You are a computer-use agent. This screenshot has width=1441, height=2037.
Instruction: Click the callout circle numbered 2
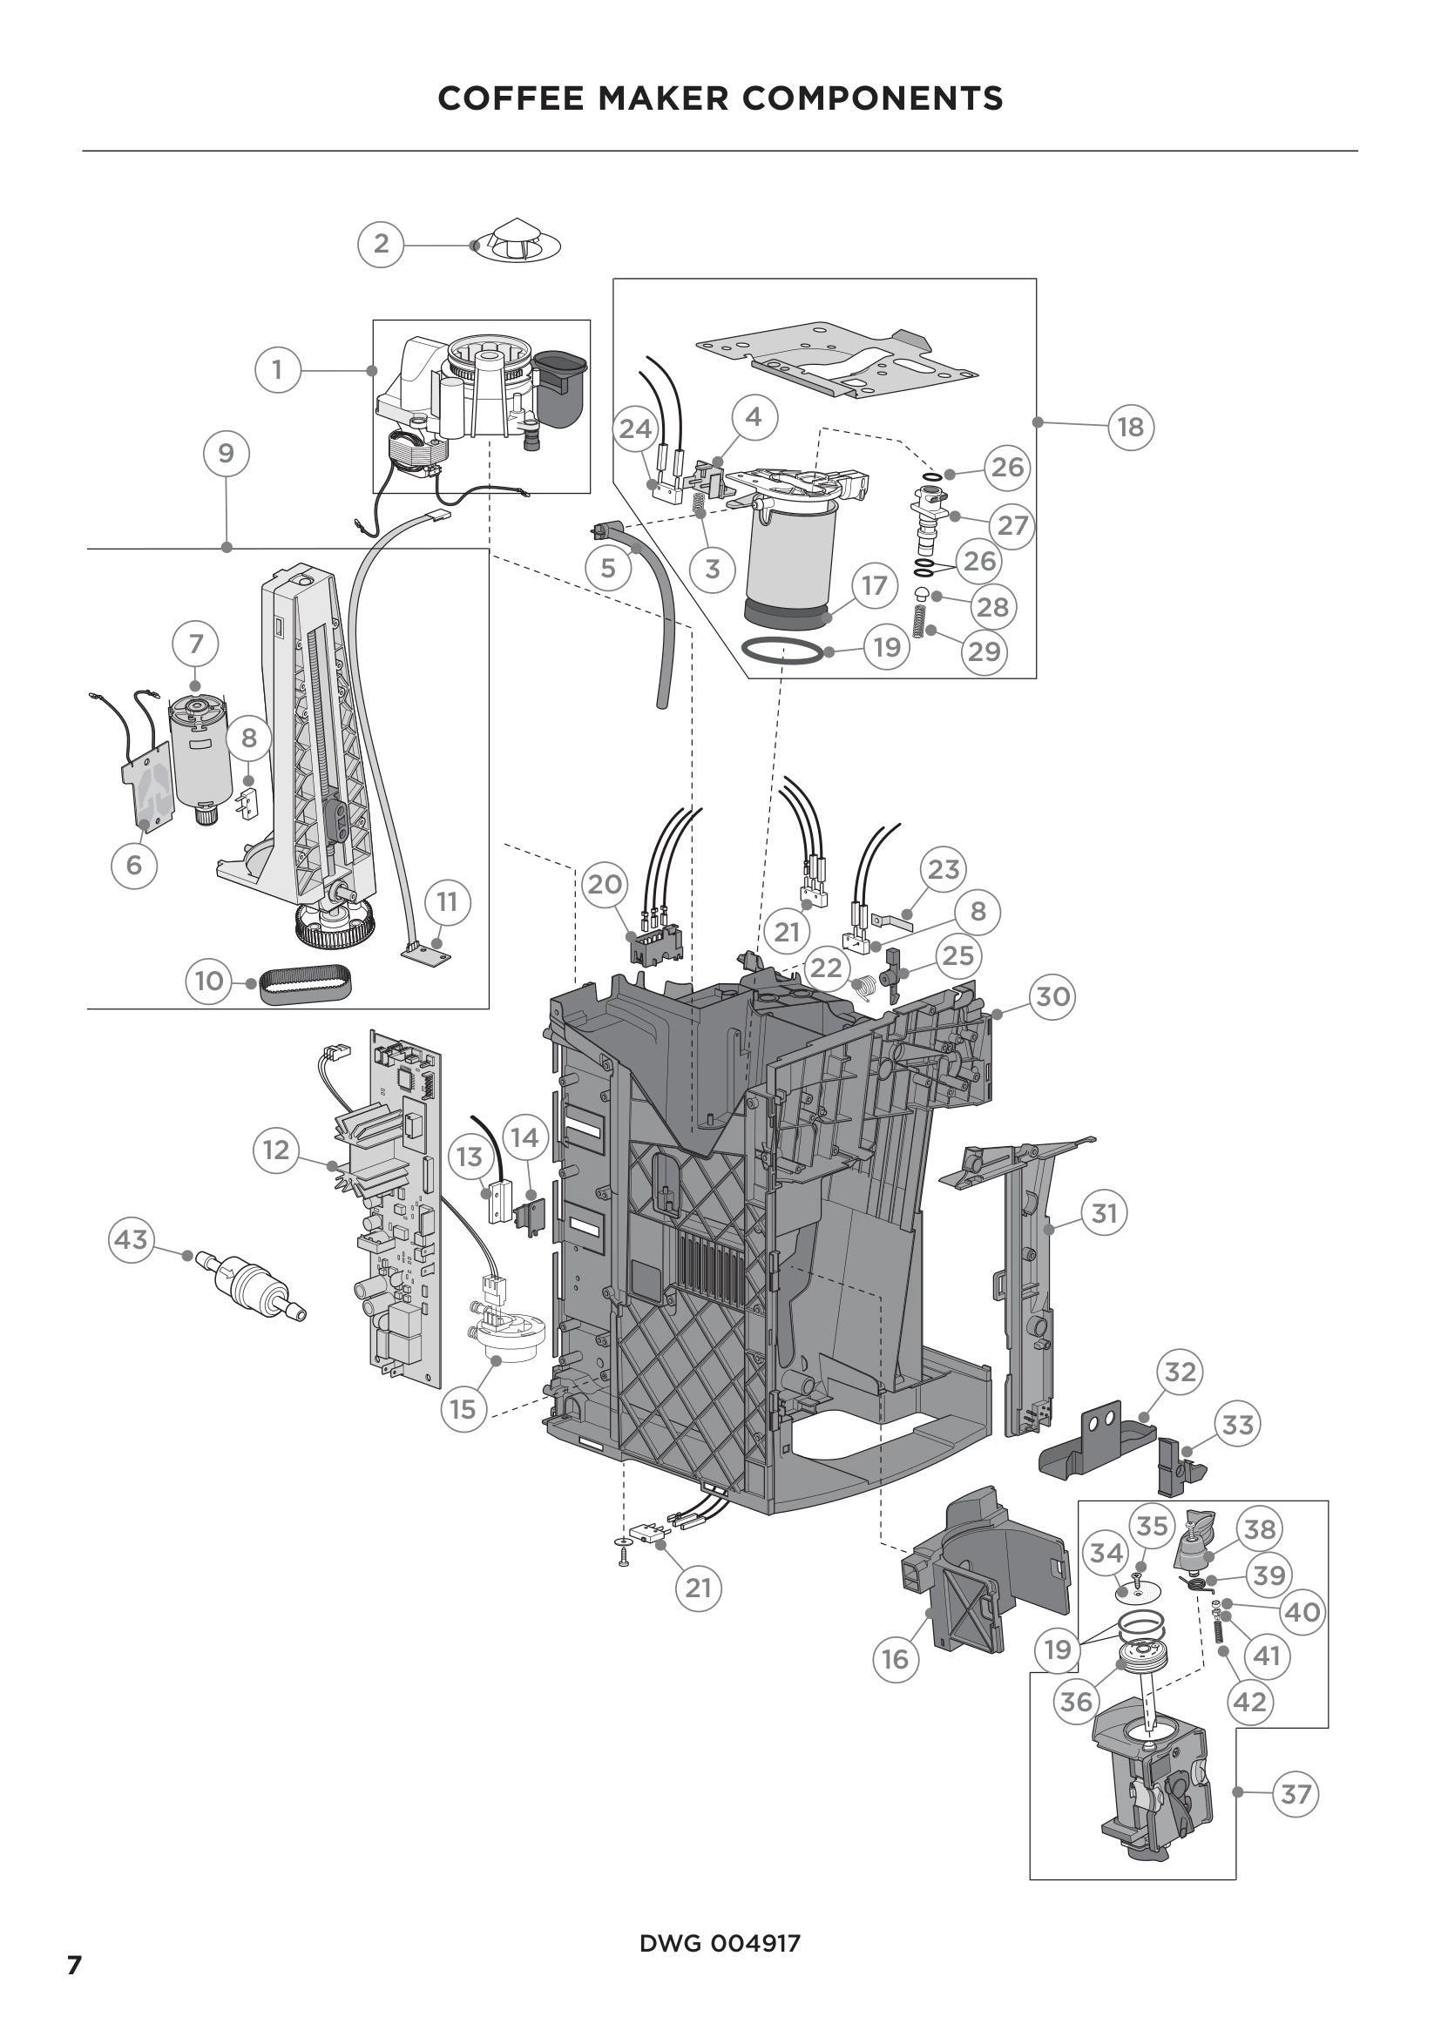[381, 243]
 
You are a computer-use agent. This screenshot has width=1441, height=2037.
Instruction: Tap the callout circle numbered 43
[132, 1238]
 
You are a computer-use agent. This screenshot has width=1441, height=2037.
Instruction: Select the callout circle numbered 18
[1131, 427]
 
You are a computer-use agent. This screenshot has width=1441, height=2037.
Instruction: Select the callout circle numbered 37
[1296, 1794]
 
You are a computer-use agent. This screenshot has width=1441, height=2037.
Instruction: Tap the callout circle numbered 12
[276, 1150]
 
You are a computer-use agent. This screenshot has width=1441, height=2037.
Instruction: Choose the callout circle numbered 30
[1053, 996]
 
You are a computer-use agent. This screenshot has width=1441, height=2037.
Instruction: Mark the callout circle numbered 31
[1104, 1212]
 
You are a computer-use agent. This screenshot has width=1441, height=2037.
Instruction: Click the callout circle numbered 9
[227, 454]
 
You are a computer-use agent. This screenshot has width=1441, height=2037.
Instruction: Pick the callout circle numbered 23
[944, 869]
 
